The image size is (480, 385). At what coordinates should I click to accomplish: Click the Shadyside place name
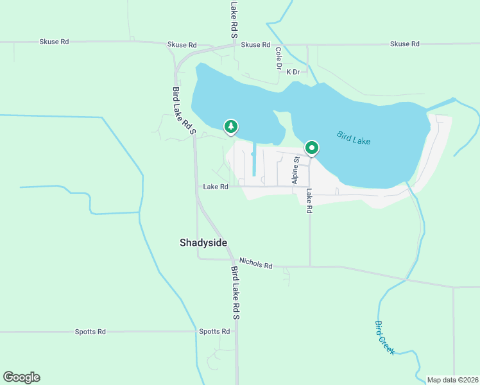(202, 243)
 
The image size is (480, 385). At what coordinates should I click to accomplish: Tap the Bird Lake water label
(354, 137)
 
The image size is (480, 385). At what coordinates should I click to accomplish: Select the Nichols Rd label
(255, 264)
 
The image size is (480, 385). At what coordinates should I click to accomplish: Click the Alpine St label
(296, 170)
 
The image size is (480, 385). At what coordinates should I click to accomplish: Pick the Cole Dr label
(279, 58)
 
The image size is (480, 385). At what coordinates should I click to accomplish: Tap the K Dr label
(293, 72)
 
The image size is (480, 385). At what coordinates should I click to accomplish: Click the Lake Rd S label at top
(234, 18)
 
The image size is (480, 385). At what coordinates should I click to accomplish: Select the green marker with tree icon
(231, 126)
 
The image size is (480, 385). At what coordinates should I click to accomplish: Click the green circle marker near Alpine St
(312, 148)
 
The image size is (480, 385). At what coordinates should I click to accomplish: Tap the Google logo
(21, 377)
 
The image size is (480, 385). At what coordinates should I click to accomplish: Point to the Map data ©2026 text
(452, 380)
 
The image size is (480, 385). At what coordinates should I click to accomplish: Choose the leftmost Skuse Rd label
(54, 42)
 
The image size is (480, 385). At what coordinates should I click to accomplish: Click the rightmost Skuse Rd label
(404, 44)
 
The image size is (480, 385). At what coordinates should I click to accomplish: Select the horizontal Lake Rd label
(216, 187)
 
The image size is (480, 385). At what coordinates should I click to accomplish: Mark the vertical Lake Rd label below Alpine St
(309, 201)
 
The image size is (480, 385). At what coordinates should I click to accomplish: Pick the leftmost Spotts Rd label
(90, 332)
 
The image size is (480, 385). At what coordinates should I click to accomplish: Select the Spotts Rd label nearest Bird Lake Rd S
(214, 332)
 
